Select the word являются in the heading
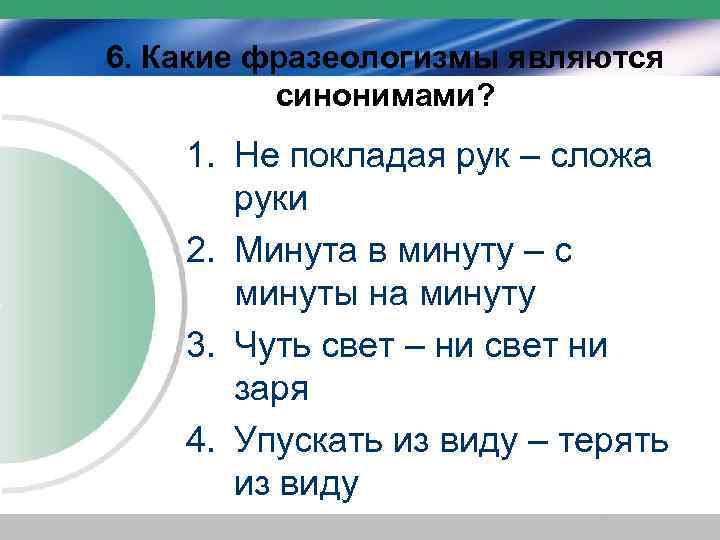(576, 57)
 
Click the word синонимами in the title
(377, 96)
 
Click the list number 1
(199, 156)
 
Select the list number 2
(199, 252)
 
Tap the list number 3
(199, 346)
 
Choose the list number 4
(199, 441)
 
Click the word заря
(271, 390)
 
